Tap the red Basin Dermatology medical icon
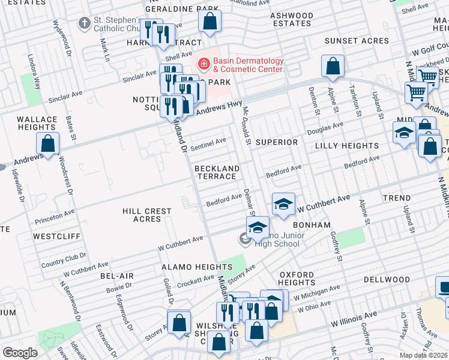pyautogui.click(x=204, y=62)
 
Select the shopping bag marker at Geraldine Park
pyautogui.click(x=210, y=22)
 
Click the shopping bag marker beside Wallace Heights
pyautogui.click(x=47, y=144)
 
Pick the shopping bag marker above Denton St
pyautogui.click(x=332, y=67)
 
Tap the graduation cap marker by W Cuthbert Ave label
pyautogui.click(x=284, y=203)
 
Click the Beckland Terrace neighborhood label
pyautogui.click(x=216, y=173)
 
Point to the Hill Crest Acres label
pyautogui.click(x=147, y=215)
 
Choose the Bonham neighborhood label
pyautogui.click(x=313, y=224)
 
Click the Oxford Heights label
pyautogui.click(x=297, y=278)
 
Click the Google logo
pyautogui.click(x=20, y=353)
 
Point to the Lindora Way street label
pyautogui.click(x=34, y=53)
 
